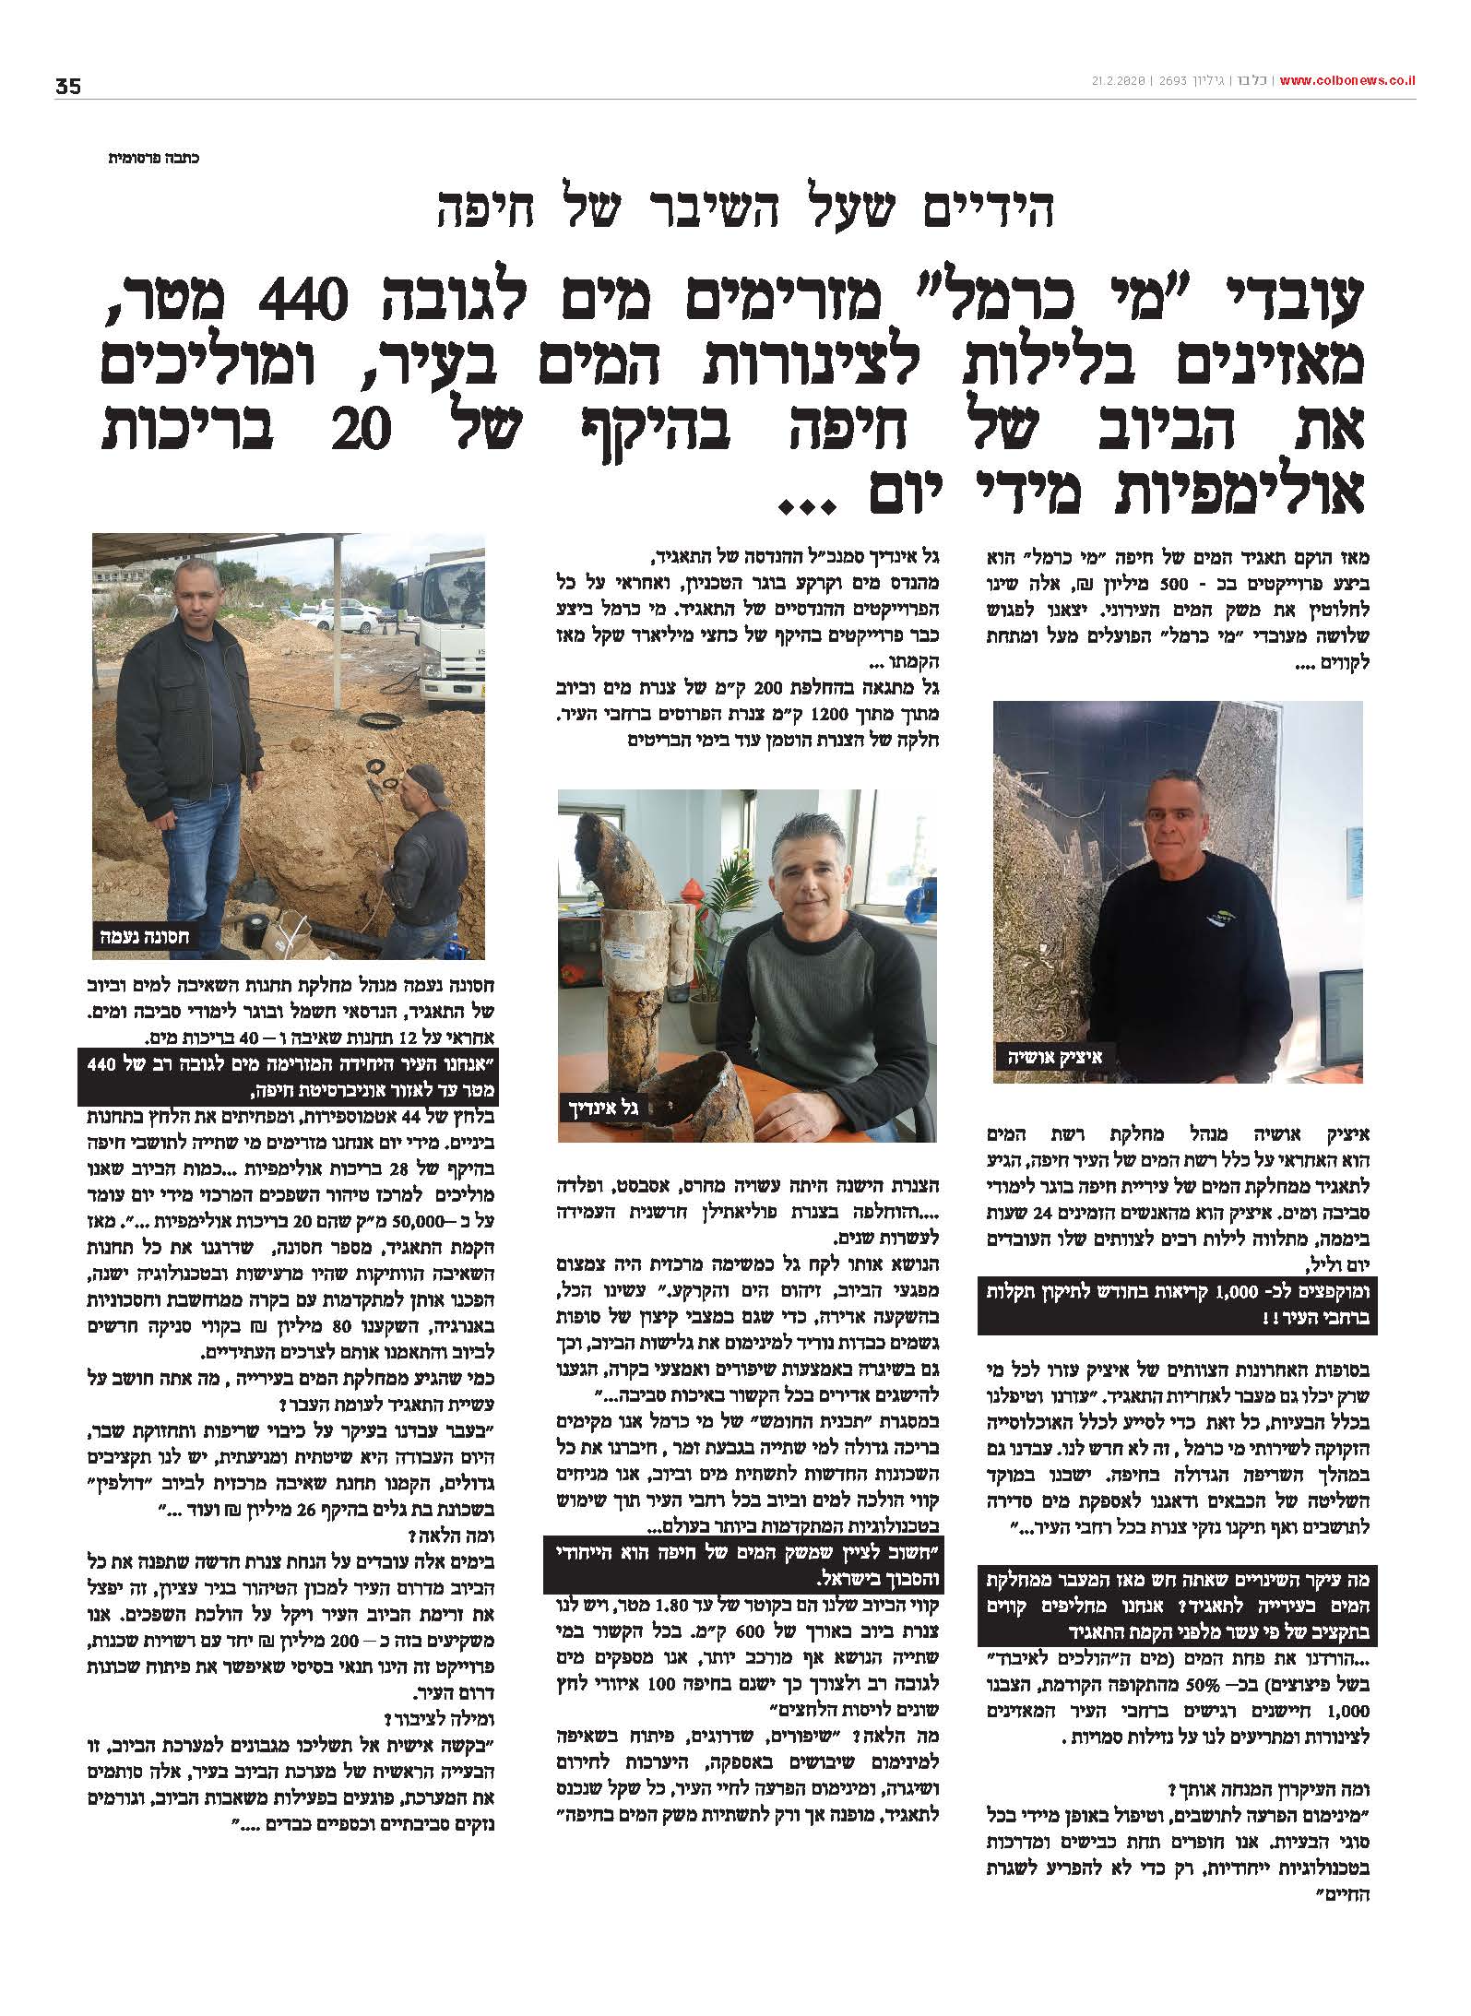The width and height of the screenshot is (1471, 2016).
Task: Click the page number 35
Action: point(68,87)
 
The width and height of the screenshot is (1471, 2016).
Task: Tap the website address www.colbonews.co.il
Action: point(1347,80)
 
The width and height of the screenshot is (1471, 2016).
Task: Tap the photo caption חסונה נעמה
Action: point(145,938)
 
